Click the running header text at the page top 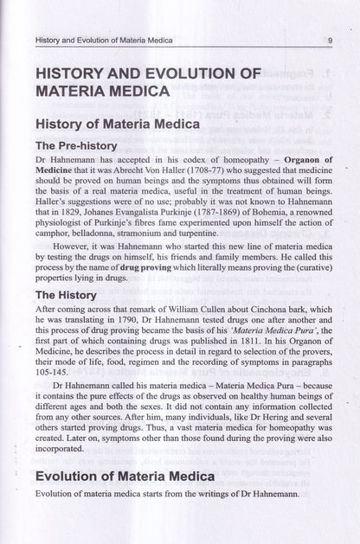pyautogui.click(x=102, y=40)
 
